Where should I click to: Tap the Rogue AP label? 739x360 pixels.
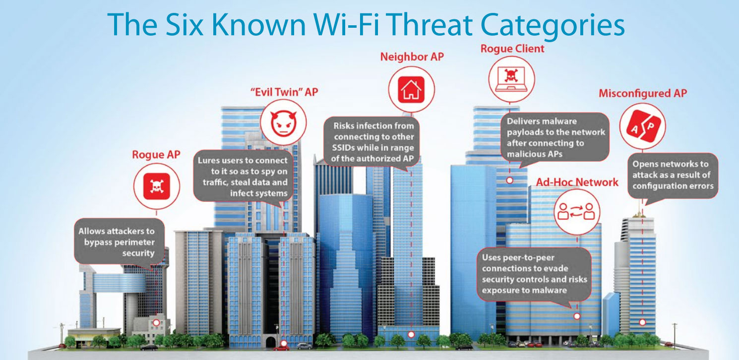(x=156, y=154)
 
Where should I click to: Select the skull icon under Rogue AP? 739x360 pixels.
(x=157, y=186)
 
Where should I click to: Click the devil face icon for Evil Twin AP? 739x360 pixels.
(x=283, y=122)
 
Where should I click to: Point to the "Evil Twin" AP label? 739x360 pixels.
(x=284, y=92)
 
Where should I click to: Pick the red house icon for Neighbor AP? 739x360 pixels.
(x=411, y=90)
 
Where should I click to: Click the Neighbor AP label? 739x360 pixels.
(x=412, y=57)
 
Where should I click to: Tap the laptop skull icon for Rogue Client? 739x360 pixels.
(x=511, y=79)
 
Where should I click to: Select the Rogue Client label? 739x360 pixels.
(x=512, y=49)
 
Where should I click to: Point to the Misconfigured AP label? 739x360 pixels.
(x=643, y=93)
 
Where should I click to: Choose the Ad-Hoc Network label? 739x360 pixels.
(x=577, y=182)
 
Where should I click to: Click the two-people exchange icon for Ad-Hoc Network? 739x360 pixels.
(x=576, y=212)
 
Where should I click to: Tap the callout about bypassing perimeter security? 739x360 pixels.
(x=119, y=241)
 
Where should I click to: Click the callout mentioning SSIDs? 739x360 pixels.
(x=372, y=142)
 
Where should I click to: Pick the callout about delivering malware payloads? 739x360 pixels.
(x=555, y=137)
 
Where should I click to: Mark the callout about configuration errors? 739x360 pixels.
(x=673, y=176)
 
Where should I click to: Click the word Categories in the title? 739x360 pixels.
(x=553, y=26)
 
